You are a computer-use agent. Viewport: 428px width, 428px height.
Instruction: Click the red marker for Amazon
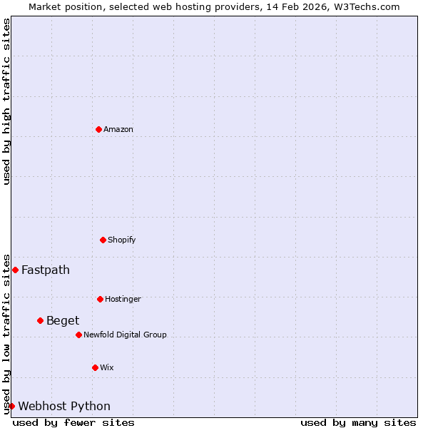tap(98, 129)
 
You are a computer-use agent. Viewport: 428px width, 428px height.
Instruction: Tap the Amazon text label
tap(118, 129)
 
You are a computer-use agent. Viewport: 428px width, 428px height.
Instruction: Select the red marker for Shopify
tap(103, 240)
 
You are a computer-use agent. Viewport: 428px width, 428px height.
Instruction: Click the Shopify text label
tap(121, 240)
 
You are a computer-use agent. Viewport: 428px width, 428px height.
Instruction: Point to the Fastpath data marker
tap(15, 270)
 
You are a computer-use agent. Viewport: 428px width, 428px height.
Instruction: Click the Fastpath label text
tap(46, 270)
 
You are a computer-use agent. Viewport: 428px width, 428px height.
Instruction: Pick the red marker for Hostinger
tap(100, 299)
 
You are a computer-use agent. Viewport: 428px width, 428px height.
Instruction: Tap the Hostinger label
tap(123, 299)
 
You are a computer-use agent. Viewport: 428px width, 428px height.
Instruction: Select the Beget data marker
tap(40, 320)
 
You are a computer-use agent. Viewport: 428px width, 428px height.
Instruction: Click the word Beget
tap(63, 320)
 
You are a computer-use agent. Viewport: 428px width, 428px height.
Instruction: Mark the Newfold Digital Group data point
tap(78, 335)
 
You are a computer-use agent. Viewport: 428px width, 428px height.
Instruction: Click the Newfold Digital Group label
tap(125, 335)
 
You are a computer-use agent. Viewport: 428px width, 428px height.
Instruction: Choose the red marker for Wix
tap(95, 367)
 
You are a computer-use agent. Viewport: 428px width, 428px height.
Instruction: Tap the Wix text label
tap(106, 367)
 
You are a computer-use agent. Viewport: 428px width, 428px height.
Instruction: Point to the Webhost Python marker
tap(11, 406)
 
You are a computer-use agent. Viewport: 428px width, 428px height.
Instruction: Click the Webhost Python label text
tap(64, 406)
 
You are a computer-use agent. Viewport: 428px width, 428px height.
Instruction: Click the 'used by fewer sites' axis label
tap(73, 422)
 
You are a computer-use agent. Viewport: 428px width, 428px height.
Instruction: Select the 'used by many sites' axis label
tap(358, 422)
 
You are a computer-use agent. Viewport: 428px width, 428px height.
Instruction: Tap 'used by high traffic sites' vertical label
tap(6, 101)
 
